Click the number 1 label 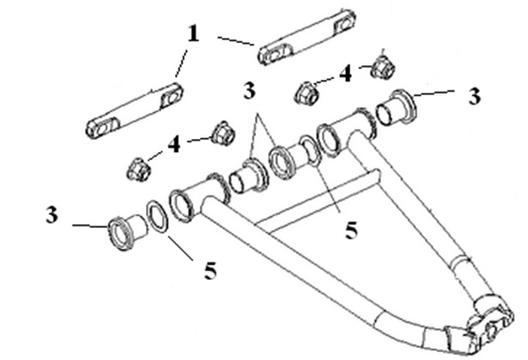[x=193, y=34]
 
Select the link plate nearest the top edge [x=307, y=37]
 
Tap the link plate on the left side [x=135, y=110]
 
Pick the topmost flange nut [x=383, y=66]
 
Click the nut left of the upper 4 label [x=306, y=93]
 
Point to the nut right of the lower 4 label [x=223, y=133]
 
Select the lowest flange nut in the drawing [x=139, y=169]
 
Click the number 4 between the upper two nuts [x=346, y=74]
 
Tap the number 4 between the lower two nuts [x=174, y=145]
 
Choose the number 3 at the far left [x=52, y=215]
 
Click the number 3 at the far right [x=475, y=96]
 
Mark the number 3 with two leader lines [x=250, y=90]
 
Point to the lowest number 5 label [x=210, y=271]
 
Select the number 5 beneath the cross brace [x=351, y=230]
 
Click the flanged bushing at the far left [x=127, y=231]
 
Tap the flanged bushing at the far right [x=397, y=107]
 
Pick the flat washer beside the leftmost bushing [x=157, y=217]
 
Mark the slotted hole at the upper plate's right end [x=344, y=24]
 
